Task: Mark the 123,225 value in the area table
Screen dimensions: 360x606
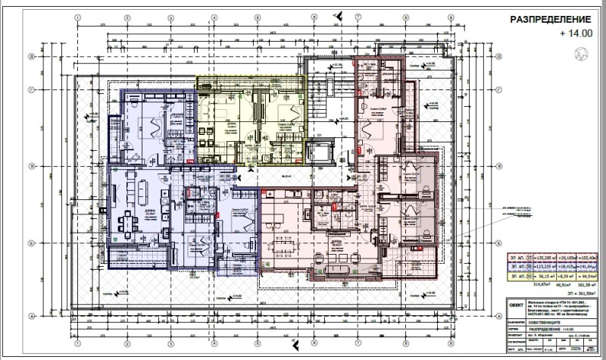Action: [544, 268]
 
